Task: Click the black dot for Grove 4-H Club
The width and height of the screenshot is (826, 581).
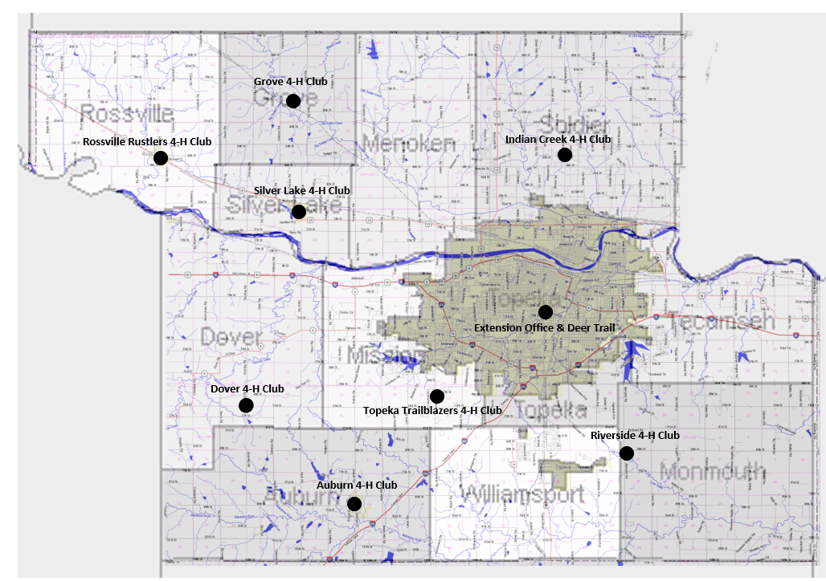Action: [293, 100]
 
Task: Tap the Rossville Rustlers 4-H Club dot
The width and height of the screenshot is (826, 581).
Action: [161, 158]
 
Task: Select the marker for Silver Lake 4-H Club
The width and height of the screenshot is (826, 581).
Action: [299, 212]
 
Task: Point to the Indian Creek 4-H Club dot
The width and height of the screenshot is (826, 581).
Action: [565, 154]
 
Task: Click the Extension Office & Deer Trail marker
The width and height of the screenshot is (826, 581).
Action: [546, 311]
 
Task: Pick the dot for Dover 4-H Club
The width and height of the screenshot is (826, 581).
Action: [246, 405]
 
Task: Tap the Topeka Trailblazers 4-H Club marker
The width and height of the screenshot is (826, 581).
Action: [437, 396]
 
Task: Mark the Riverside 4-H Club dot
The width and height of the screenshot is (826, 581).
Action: [627, 453]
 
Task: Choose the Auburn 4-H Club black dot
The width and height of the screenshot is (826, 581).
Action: [354, 504]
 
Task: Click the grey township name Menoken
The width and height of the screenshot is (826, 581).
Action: [409, 144]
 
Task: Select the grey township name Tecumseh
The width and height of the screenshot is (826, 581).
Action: [726, 322]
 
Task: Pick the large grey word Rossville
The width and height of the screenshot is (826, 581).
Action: [127, 113]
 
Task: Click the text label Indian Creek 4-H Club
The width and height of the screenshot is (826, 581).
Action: [558, 140]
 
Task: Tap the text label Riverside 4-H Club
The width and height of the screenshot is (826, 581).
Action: [635, 436]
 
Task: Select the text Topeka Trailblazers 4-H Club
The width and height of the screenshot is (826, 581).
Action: [432, 411]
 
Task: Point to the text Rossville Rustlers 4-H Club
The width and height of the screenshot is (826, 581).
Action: [147, 142]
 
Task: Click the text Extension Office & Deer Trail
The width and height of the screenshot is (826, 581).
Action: [542, 328]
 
